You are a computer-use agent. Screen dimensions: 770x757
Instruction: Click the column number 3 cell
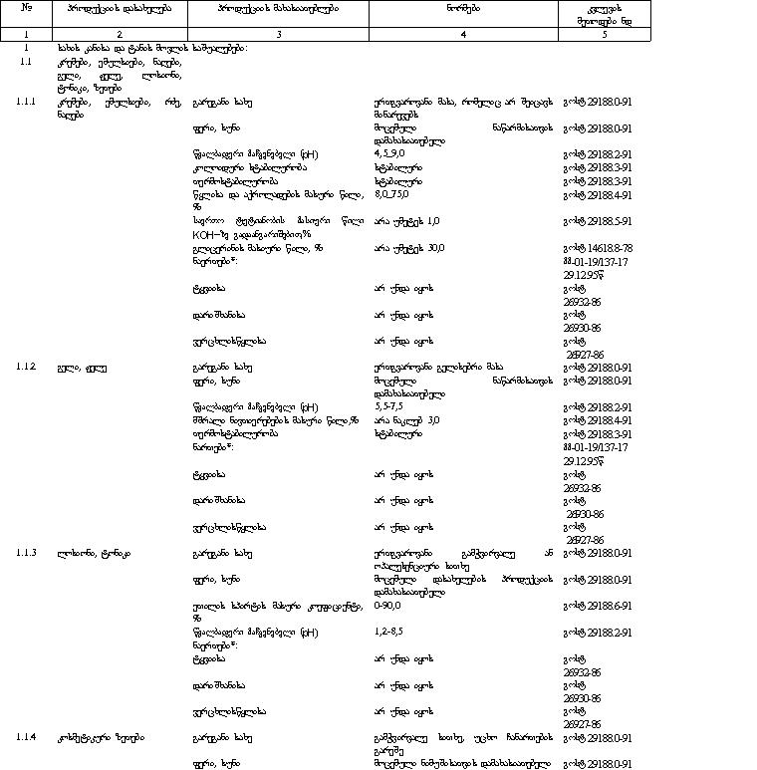pyautogui.click(x=278, y=34)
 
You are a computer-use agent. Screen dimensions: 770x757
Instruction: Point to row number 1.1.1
pyautogui.click(x=27, y=102)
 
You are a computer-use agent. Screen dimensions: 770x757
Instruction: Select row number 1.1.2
pyautogui.click(x=27, y=367)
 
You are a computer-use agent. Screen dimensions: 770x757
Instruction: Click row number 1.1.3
pyautogui.click(x=27, y=552)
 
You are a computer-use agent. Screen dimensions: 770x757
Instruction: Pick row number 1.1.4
pyautogui.click(x=27, y=736)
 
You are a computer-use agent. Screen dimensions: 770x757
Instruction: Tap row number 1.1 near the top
pyautogui.click(x=27, y=61)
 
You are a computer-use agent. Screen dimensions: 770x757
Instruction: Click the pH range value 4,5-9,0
pyautogui.click(x=389, y=154)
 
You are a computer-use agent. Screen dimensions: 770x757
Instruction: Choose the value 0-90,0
pyautogui.click(x=387, y=605)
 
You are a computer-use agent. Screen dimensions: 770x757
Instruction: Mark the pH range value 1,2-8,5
pyautogui.click(x=388, y=631)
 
